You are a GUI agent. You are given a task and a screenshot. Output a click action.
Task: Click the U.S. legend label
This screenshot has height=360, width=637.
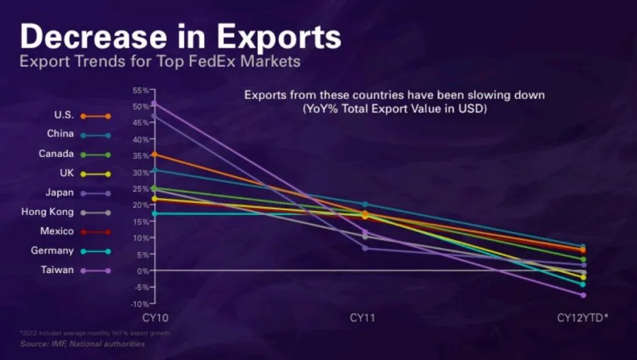(64, 115)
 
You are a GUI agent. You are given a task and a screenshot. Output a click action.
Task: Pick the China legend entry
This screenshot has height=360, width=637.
(61, 134)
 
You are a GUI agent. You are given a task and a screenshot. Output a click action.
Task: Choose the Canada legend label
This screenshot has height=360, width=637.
(57, 153)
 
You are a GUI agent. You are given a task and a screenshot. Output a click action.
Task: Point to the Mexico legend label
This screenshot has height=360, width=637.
(57, 231)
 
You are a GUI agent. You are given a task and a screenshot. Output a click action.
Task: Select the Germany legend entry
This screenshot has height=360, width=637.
(52, 250)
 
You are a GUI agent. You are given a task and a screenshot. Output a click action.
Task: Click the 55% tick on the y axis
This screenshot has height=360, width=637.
(140, 91)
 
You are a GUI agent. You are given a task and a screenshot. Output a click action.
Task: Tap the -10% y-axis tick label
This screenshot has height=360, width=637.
(139, 303)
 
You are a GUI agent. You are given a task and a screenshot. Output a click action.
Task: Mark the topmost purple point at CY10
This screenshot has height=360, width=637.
(155, 104)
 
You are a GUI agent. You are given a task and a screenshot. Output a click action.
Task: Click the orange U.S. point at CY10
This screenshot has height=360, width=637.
(155, 154)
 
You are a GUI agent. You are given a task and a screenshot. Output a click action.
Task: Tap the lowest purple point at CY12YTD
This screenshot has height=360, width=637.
(583, 295)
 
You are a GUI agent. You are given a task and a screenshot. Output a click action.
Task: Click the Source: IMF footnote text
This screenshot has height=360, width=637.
(82, 344)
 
